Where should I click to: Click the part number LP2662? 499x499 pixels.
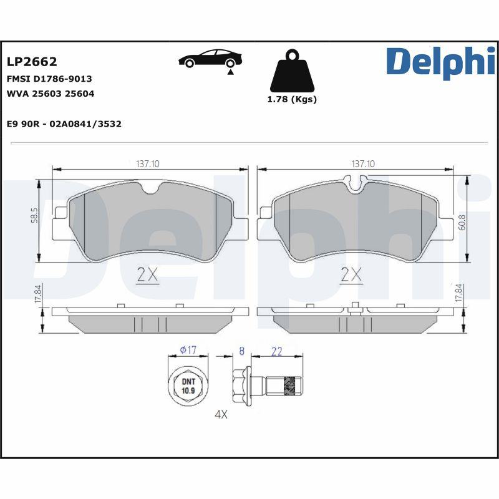[x=32, y=62]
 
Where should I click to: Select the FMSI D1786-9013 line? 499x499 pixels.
[x=49, y=79]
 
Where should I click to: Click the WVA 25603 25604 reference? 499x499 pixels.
[x=51, y=94]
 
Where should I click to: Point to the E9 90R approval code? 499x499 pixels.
[x=64, y=124]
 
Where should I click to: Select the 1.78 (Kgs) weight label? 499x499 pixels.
[x=292, y=99]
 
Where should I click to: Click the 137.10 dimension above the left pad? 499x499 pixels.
[x=148, y=163]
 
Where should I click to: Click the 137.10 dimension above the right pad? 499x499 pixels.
[x=363, y=163]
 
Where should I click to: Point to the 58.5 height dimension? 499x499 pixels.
[x=35, y=215]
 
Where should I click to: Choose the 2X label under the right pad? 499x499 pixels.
[x=352, y=274]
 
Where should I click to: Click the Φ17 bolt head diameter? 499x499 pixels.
[x=188, y=351]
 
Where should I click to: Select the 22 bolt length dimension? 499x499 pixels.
[x=277, y=352]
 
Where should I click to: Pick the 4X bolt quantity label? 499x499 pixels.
[x=221, y=414]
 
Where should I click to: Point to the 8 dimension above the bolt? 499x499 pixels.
[x=241, y=351]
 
